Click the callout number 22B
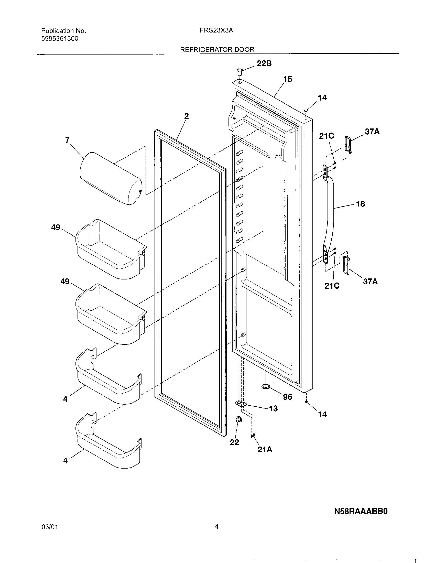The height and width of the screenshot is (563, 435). coord(264,63)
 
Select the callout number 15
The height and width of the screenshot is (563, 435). coord(288,79)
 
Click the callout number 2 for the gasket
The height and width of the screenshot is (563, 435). coord(186,116)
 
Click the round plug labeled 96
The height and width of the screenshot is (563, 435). coord(266,393)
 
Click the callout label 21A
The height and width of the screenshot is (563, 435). coord(265,449)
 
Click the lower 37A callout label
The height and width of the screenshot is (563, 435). coord(370,281)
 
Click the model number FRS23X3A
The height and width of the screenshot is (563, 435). coord(216,30)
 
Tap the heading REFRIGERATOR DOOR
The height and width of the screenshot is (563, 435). coord(217,49)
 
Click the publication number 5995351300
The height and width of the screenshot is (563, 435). coord(60,39)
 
